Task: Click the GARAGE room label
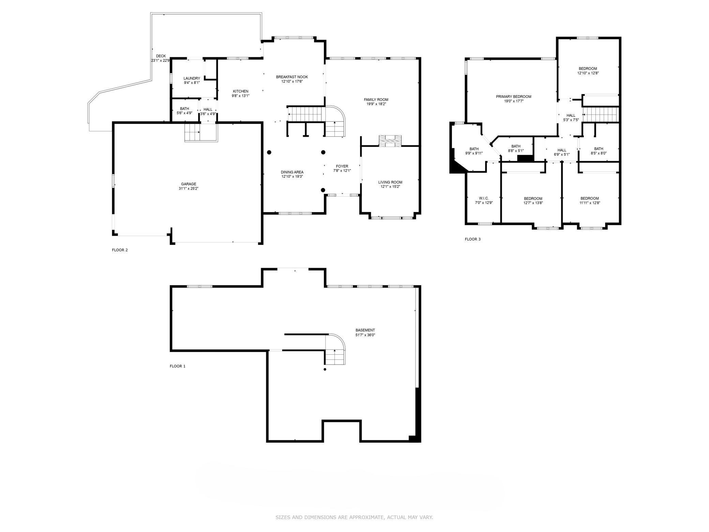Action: pyautogui.click(x=188, y=184)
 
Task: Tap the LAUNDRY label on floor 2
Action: pyautogui.click(x=192, y=78)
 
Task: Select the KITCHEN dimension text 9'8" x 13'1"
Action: pyautogui.click(x=241, y=96)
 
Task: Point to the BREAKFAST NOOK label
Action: pyautogui.click(x=289, y=77)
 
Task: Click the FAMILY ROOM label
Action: pyautogui.click(x=376, y=100)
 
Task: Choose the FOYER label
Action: pyautogui.click(x=342, y=166)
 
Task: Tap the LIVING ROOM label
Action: pyautogui.click(x=390, y=182)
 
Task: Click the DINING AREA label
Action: pyautogui.click(x=292, y=172)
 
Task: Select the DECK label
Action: pyautogui.click(x=161, y=56)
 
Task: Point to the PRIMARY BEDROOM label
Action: pyautogui.click(x=513, y=97)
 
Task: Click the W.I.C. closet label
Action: pyautogui.click(x=484, y=198)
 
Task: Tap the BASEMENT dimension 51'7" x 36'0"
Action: pyautogui.click(x=365, y=335)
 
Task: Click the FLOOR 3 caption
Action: pyautogui.click(x=472, y=239)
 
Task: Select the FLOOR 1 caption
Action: pyautogui.click(x=178, y=366)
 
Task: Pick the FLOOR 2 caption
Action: pyautogui.click(x=120, y=250)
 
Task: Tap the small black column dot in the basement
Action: pyautogui.click(x=325, y=369)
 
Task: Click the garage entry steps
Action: pyautogui.click(x=201, y=132)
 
